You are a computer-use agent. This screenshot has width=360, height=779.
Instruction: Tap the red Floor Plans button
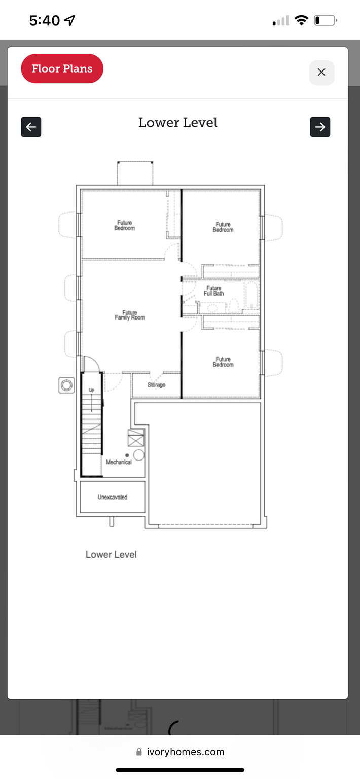pos(62,68)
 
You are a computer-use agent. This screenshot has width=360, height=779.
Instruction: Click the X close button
pos(322,73)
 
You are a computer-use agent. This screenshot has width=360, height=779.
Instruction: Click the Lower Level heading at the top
pos(178,122)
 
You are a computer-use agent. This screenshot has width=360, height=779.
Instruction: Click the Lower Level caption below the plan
pos(111,554)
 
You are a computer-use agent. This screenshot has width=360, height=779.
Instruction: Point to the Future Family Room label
pos(130,315)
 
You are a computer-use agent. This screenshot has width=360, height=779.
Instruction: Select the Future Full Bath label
pos(213,291)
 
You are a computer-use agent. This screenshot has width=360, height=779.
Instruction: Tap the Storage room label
pos(156,384)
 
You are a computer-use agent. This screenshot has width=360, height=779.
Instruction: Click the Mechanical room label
pos(119,462)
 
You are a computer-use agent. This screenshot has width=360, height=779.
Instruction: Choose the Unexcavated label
pos(113,497)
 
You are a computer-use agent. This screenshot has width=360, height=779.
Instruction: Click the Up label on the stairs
pos(91,390)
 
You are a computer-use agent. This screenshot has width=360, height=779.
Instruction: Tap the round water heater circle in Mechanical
pos(139,455)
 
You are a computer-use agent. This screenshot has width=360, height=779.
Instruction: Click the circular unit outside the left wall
pos(66,385)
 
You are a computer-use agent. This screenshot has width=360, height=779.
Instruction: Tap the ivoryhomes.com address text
pos(186,752)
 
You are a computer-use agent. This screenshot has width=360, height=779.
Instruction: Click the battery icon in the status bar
pos(326,20)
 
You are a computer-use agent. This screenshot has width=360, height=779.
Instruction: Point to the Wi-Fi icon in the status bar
pos(301,20)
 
